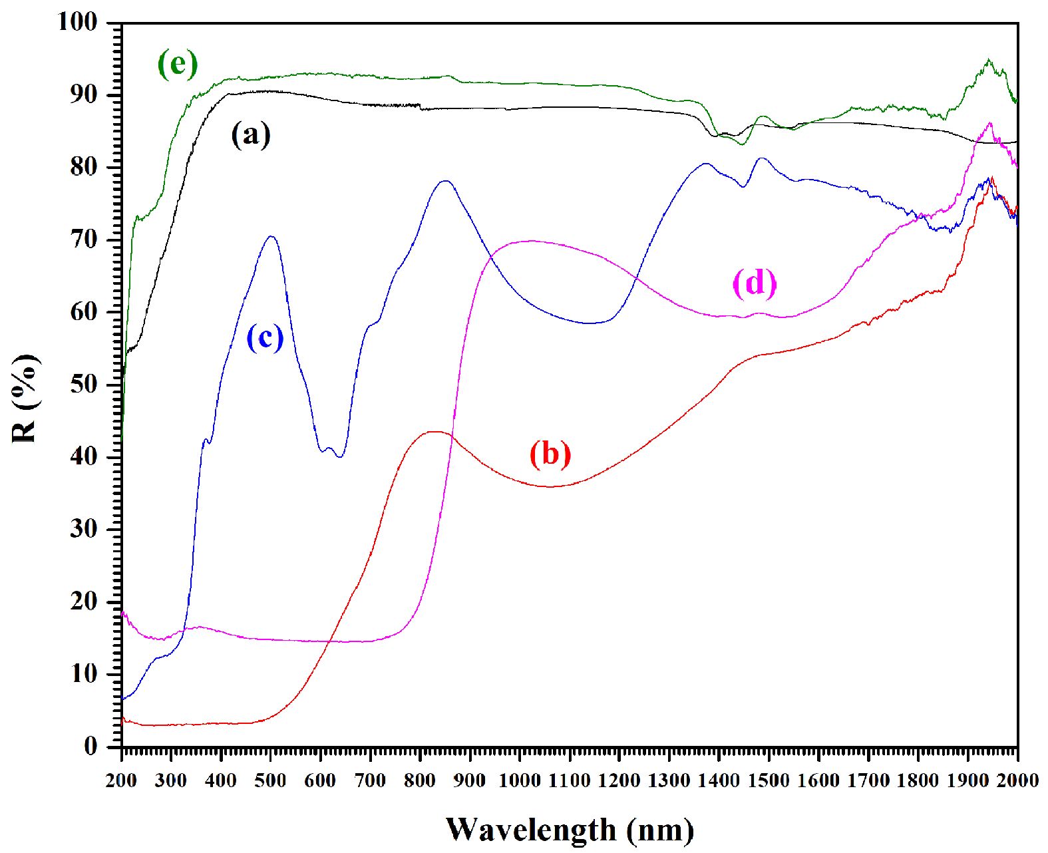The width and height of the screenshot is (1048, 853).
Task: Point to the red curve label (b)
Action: [550, 454]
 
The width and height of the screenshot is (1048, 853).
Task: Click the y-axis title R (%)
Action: [25, 399]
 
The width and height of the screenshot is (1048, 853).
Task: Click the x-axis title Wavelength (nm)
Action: [570, 830]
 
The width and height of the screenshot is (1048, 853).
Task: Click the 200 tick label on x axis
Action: [121, 780]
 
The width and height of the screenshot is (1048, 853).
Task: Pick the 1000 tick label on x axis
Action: [520, 780]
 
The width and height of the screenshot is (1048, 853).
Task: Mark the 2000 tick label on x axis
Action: [1017, 780]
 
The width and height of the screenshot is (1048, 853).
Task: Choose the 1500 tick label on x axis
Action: [769, 780]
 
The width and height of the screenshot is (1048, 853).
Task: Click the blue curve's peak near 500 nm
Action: [271, 236]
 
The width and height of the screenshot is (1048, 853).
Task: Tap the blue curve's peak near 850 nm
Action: [444, 180]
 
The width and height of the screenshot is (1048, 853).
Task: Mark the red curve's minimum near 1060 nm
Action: [550, 486]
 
